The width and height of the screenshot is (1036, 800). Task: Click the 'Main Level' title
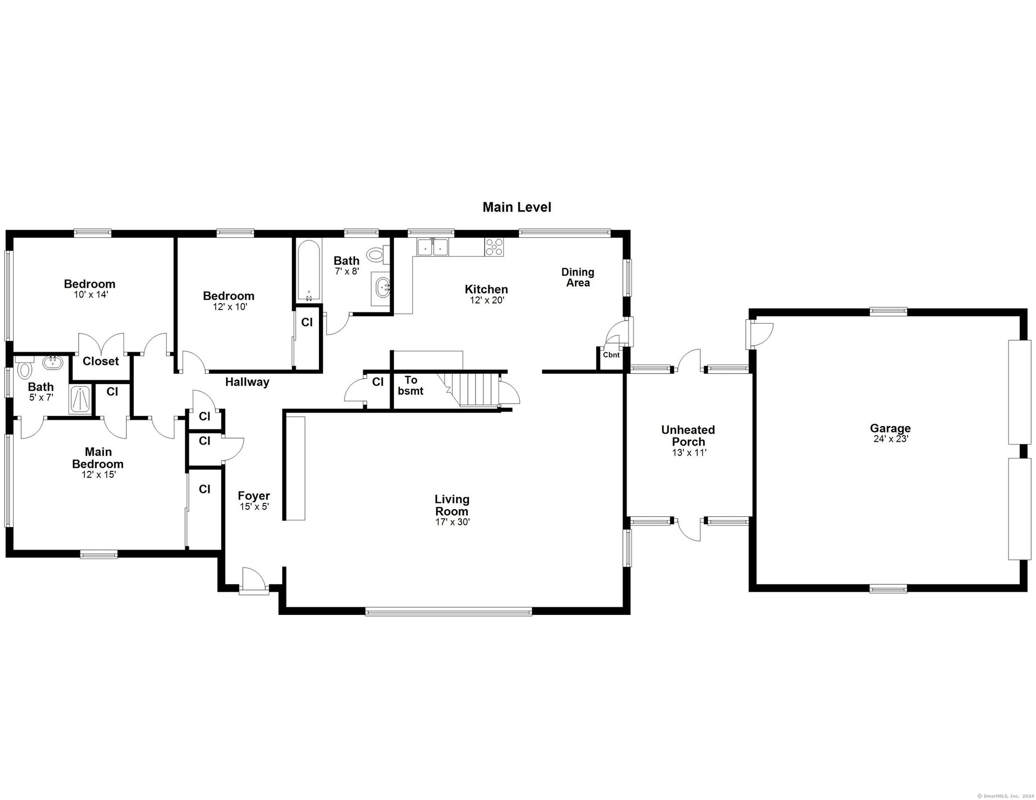coord(517,207)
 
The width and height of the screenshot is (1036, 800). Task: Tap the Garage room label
coord(890,428)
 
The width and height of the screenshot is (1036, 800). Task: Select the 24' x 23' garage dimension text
coord(891,439)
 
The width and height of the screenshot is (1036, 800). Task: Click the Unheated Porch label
coord(689,435)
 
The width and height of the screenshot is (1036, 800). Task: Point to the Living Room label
coord(452,505)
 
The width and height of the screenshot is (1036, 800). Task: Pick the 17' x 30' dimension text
coord(453,522)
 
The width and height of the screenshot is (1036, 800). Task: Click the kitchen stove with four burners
coord(494,247)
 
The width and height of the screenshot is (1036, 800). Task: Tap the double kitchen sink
coord(433,247)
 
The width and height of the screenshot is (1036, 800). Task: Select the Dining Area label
coord(578,277)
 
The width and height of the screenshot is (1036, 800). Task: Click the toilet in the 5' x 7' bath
coord(25,371)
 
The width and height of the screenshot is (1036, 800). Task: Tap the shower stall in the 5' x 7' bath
coord(81,400)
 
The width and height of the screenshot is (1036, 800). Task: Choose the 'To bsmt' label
coord(411,385)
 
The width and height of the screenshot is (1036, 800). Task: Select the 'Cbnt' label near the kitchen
coord(611,355)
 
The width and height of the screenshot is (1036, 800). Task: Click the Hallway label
coord(247,382)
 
